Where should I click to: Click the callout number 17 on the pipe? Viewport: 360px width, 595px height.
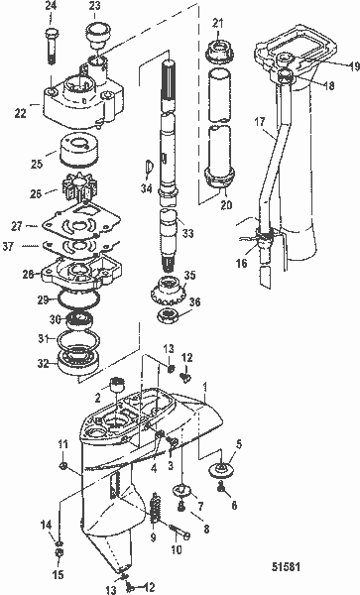pyautogui.click(x=257, y=122)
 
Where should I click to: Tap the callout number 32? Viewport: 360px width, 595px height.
pyautogui.click(x=42, y=364)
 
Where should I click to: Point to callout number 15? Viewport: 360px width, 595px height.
pyautogui.click(x=58, y=572)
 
